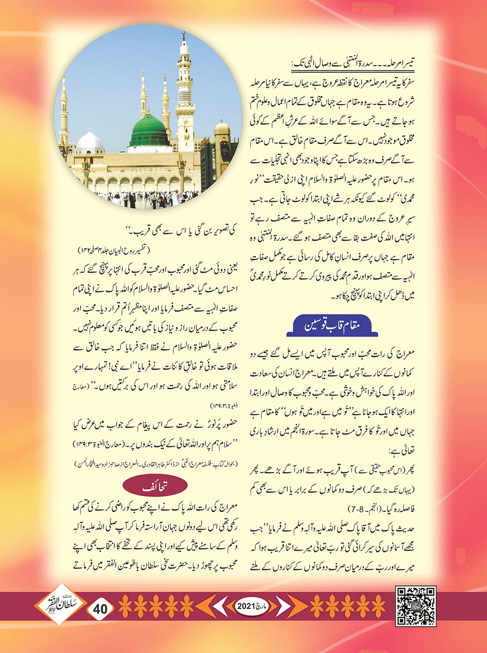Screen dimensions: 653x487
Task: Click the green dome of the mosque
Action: [150, 131]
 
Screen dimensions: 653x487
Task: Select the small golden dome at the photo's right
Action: [222, 128]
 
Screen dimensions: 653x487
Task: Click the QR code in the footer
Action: [415, 606]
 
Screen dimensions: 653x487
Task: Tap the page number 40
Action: [101, 608]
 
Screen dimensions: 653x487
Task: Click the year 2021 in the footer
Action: [246, 606]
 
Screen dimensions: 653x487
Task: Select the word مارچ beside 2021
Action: [262, 606]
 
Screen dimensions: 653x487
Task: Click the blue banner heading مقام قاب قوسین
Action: [334, 326]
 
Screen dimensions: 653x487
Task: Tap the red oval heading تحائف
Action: [155, 486]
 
